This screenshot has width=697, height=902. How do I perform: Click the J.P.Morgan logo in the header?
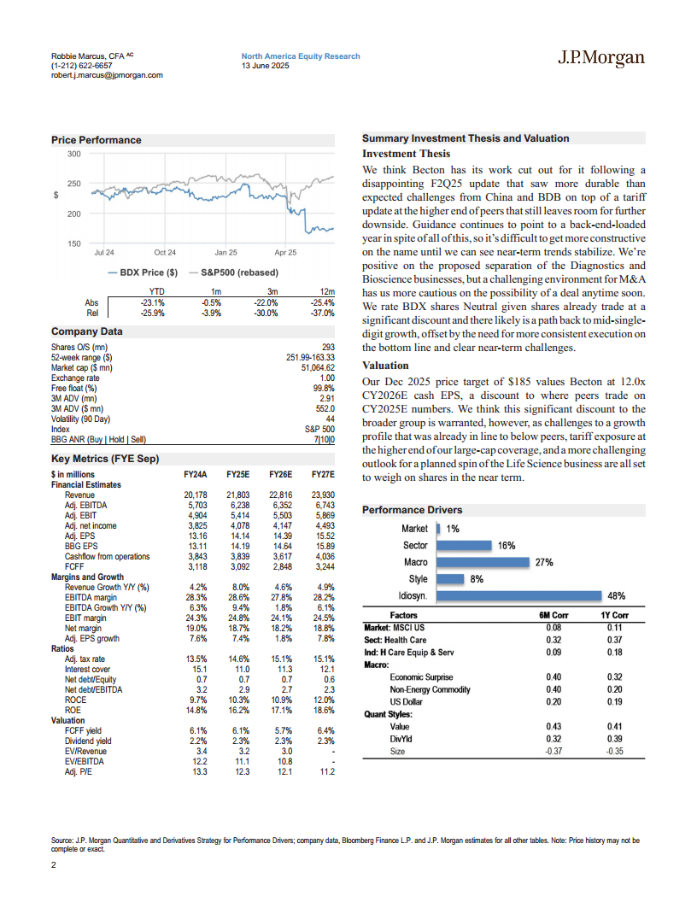tap(600, 58)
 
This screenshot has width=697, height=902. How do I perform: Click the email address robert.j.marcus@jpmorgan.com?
tap(107, 75)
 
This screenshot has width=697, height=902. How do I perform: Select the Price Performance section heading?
tap(97, 140)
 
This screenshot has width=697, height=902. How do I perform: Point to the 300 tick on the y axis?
tap(73, 154)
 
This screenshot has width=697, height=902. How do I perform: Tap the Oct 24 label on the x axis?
tap(165, 253)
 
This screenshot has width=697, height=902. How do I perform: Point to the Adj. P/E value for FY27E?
tap(325, 772)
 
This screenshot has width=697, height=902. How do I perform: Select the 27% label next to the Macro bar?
tap(543, 562)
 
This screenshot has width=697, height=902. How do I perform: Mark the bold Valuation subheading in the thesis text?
tap(385, 365)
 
